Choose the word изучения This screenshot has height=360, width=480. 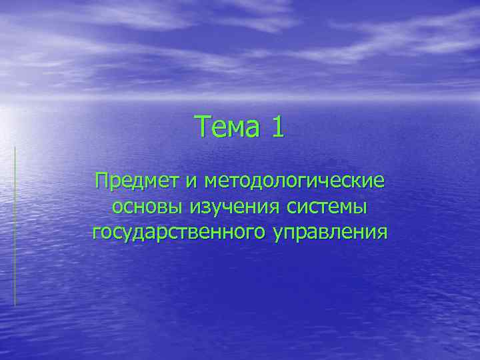click(238, 207)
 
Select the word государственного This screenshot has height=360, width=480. click(179, 233)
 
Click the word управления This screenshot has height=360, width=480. click(330, 233)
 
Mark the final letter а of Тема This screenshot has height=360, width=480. click(251, 128)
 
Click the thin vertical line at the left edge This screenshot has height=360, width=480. click(15, 227)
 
